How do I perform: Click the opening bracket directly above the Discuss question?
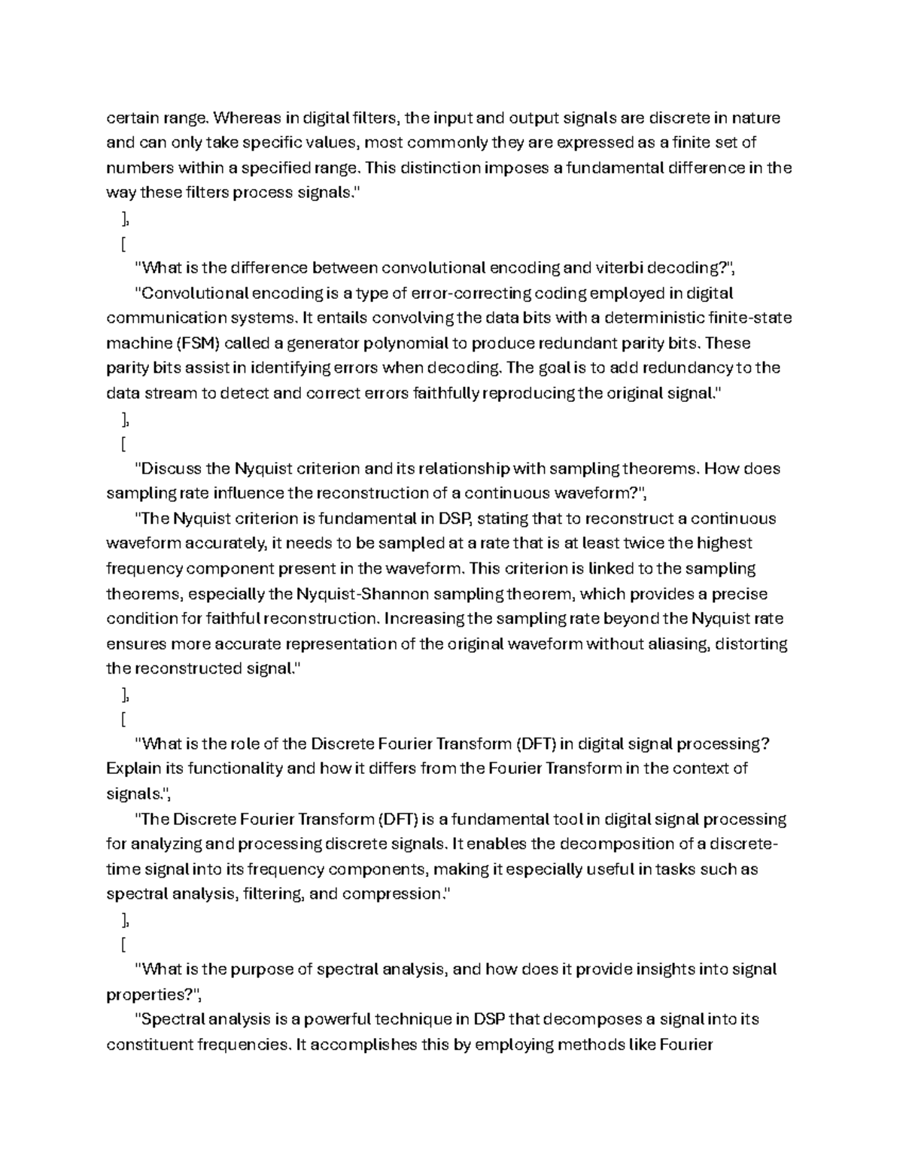tap(122, 443)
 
